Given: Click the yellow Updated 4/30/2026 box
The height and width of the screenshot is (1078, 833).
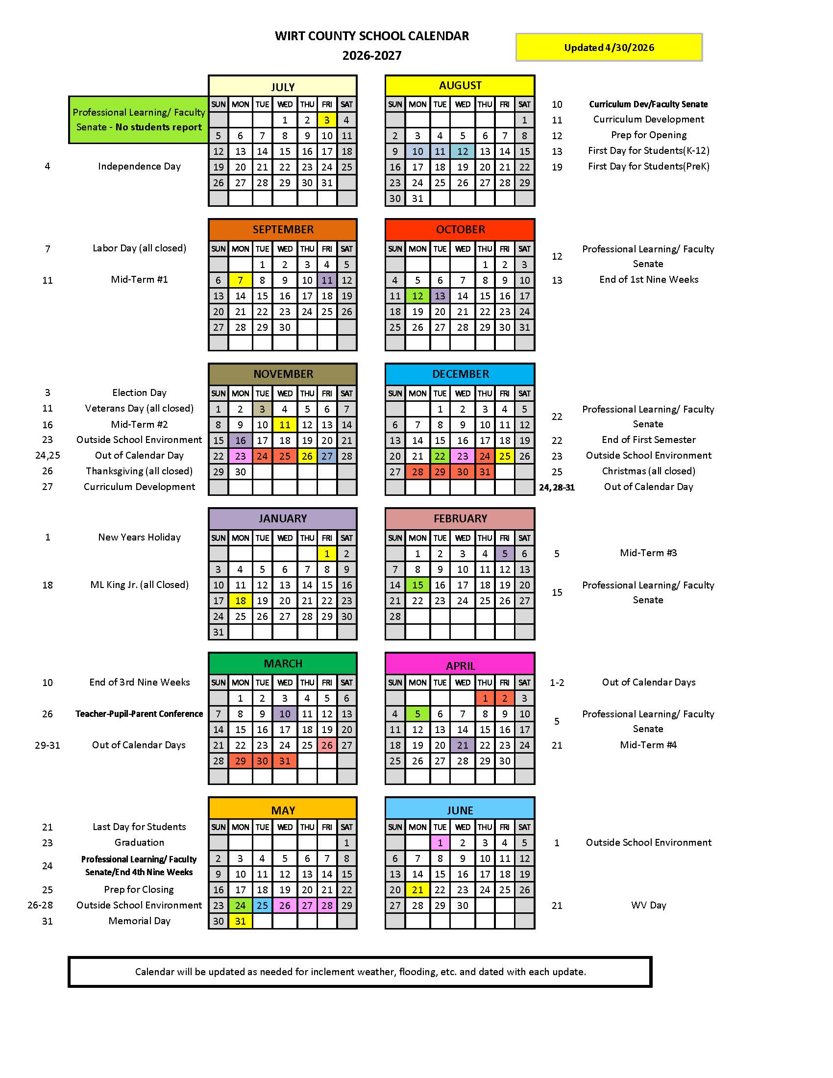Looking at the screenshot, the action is pyautogui.click(x=609, y=48).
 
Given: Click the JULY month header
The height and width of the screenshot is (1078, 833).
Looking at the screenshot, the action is pyautogui.click(x=283, y=86).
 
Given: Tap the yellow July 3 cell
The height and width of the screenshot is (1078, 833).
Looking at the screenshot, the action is pyautogui.click(x=327, y=120).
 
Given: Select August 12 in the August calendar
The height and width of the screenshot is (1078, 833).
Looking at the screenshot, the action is pyautogui.click(x=463, y=151).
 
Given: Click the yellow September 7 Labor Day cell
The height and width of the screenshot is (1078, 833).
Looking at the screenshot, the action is pyautogui.click(x=240, y=280).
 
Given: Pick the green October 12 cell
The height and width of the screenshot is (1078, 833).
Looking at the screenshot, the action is pyautogui.click(x=417, y=296).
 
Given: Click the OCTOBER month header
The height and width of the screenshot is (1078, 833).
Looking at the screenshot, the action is pyautogui.click(x=460, y=229).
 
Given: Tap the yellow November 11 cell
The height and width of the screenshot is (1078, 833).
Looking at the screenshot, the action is pyautogui.click(x=285, y=425).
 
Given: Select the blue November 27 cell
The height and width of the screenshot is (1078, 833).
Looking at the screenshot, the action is pyautogui.click(x=327, y=456).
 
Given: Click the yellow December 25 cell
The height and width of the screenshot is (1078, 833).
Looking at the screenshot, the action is pyautogui.click(x=504, y=456).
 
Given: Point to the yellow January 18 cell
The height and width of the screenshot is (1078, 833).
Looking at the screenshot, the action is pyautogui.click(x=240, y=601).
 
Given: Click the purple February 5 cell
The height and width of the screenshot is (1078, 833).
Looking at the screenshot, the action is pyautogui.click(x=504, y=554).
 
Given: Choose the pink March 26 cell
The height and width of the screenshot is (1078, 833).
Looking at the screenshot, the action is pyautogui.click(x=327, y=745).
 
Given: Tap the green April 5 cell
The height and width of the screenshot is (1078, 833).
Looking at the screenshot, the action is pyautogui.click(x=417, y=714).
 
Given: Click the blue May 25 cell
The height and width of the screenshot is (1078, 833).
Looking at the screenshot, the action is pyautogui.click(x=262, y=905).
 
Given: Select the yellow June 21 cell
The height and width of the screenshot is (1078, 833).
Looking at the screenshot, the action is pyautogui.click(x=417, y=889).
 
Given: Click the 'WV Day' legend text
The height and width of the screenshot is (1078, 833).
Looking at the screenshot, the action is pyautogui.click(x=648, y=905).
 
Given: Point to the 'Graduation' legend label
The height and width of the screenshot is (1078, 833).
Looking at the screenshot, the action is pyautogui.click(x=139, y=843).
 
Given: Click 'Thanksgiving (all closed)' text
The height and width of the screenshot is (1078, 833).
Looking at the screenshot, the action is pyautogui.click(x=139, y=471).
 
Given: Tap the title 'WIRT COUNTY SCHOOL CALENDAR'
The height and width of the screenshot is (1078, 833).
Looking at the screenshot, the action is pyautogui.click(x=371, y=36).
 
